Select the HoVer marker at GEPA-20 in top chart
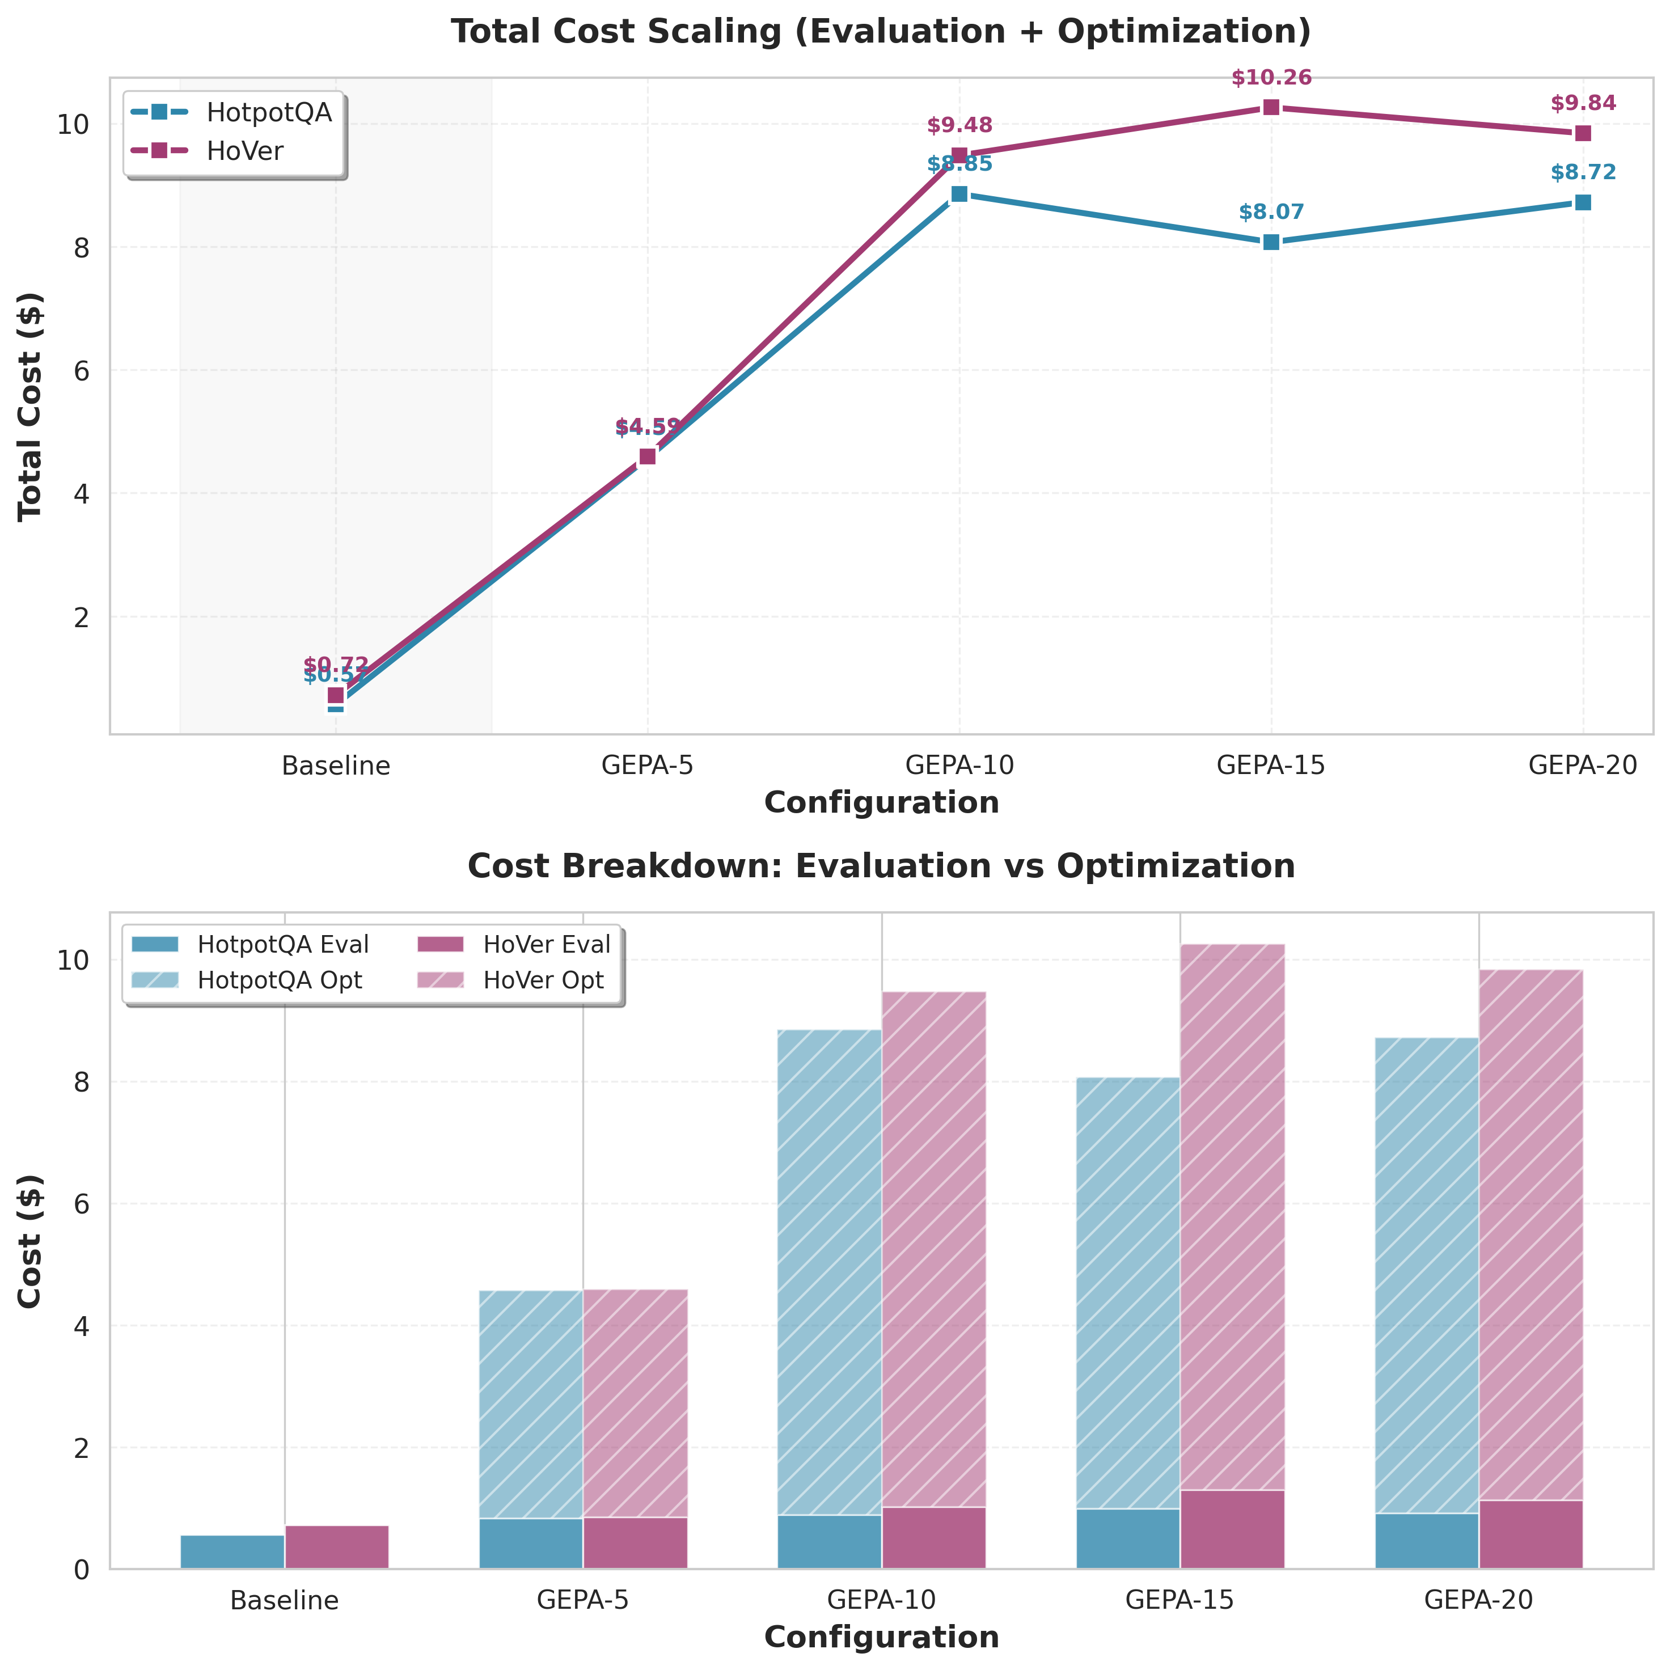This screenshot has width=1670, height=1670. (x=1583, y=133)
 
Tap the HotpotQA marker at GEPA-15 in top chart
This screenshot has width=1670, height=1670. (x=1271, y=242)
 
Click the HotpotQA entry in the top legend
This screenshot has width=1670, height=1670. (x=269, y=112)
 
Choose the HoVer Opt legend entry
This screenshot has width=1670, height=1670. (x=543, y=980)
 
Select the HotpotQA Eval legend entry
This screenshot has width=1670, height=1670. (x=282, y=945)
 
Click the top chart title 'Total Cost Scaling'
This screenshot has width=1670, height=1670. (x=881, y=32)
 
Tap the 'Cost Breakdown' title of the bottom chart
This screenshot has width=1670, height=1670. (x=881, y=866)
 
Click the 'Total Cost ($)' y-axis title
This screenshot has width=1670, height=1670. (x=31, y=405)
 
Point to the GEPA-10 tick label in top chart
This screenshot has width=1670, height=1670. (x=959, y=766)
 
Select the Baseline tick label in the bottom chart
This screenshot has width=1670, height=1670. (x=285, y=1600)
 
